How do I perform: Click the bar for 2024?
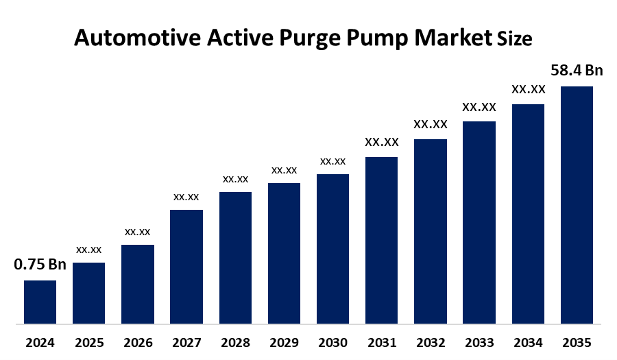pyautogui.click(x=40, y=302)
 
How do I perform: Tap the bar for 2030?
pyautogui.click(x=332, y=248)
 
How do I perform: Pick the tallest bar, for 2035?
pyautogui.click(x=577, y=204)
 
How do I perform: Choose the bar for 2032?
pyautogui.click(x=431, y=231)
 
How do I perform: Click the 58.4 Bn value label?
pyautogui.click(x=577, y=71)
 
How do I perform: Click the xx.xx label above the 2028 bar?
pyautogui.click(x=235, y=179)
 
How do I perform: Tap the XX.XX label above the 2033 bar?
pyautogui.click(x=479, y=107)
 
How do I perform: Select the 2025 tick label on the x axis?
pyautogui.click(x=89, y=342)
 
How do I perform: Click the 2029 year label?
pyautogui.click(x=284, y=342)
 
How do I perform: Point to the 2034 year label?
pyautogui.click(x=528, y=342)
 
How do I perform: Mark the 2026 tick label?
pyautogui.click(x=138, y=342)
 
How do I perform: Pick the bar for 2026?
pyautogui.click(x=138, y=284)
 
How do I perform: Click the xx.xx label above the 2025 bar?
pyautogui.click(x=89, y=250)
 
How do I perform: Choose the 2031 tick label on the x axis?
pyautogui.click(x=381, y=342)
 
